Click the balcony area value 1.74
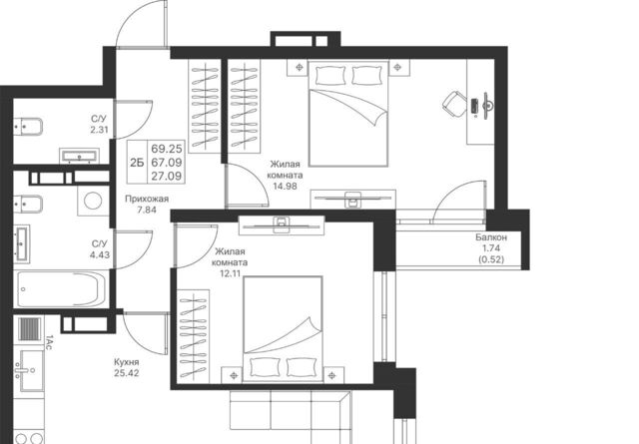491,248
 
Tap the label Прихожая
147,199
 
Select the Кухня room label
127,362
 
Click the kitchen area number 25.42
127,373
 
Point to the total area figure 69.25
167,148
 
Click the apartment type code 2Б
137,163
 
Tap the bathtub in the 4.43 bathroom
61,288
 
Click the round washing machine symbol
93,201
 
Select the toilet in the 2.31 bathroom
28,127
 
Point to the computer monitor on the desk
486,106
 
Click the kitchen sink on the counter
29,370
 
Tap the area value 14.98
285,187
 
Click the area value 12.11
230,273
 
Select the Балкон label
491,237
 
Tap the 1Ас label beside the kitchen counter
49,342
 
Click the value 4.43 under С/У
100,255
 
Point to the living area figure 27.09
167,176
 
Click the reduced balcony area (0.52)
491,259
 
